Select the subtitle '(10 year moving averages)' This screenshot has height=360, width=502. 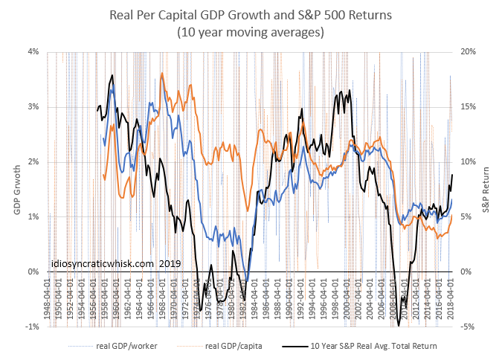(251, 32)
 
